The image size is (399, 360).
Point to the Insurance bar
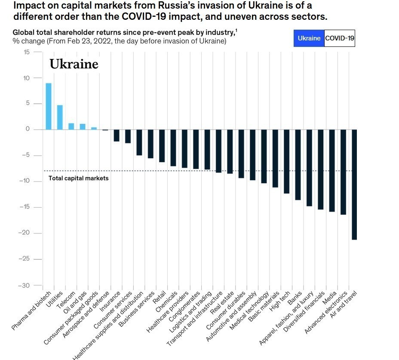click(117, 135)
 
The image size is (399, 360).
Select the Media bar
click(331, 170)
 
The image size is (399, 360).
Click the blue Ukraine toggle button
click(309, 38)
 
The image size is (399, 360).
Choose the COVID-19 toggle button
click(339, 38)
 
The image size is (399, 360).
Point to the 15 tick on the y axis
click(27, 52)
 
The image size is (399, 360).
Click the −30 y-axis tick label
click(24, 286)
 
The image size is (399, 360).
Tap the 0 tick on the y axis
click(28, 129)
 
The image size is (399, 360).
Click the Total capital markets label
click(78, 178)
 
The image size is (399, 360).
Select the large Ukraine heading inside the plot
click(74, 64)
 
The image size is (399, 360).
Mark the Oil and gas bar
click(83, 126)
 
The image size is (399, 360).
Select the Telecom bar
click(71, 126)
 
